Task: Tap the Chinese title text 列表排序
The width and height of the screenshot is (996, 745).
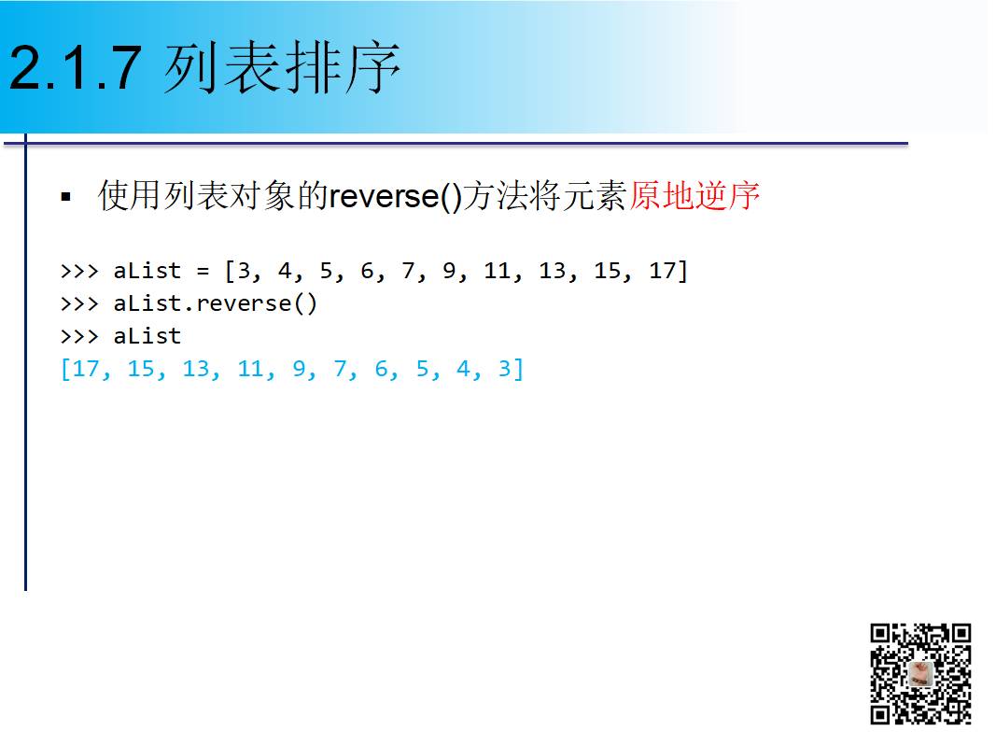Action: click(282, 68)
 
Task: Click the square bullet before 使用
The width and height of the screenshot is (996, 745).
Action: click(65, 198)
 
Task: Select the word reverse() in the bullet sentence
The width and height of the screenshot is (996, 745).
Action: click(396, 197)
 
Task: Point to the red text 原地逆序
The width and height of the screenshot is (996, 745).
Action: click(694, 196)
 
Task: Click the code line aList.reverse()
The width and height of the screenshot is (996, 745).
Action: click(215, 303)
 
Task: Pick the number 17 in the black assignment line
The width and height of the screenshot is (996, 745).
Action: click(664, 271)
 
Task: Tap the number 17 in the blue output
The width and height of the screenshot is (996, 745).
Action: click(85, 369)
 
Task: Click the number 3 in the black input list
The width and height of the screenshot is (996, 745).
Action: click(244, 271)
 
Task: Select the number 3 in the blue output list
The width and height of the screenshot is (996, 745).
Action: click(504, 369)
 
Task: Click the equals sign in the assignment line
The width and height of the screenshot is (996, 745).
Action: click(202, 271)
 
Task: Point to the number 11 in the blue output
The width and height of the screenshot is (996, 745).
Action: click(249, 369)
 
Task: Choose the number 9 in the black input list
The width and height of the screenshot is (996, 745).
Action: click(449, 271)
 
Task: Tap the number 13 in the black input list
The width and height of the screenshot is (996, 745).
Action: click(553, 271)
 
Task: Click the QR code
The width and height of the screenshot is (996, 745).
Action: click(920, 673)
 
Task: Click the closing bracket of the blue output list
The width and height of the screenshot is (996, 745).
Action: click(518, 369)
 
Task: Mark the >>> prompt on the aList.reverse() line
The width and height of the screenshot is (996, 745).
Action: click(78, 303)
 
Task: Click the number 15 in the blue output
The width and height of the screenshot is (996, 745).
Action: click(140, 369)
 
